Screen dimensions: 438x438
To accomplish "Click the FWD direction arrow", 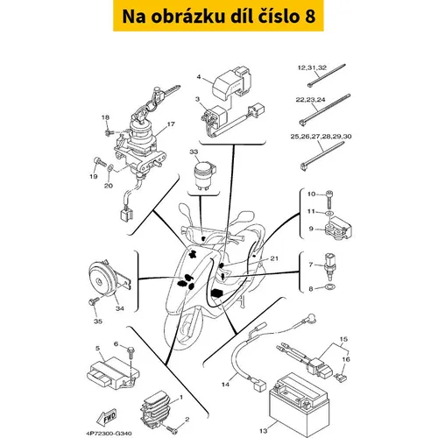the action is click(107, 416).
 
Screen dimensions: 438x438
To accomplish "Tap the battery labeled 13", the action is click(300, 405).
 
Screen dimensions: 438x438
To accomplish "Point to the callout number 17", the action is click(171, 124).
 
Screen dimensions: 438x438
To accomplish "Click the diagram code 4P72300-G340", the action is click(109, 434).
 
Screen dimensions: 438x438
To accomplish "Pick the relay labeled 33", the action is click(205, 176).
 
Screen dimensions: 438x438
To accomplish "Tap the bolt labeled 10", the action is click(329, 200).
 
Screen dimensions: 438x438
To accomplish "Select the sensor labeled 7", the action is click(330, 266).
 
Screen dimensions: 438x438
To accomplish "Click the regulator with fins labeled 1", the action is click(156, 408).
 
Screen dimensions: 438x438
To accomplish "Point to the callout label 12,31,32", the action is click(312, 67).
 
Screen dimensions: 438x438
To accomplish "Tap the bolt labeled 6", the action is click(131, 354).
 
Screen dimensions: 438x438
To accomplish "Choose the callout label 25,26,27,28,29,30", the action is click(321, 137).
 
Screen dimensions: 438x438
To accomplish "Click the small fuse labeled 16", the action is click(341, 377).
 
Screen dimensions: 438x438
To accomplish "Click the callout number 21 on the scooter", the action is click(274, 258).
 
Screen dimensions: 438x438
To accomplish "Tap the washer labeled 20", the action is click(110, 168).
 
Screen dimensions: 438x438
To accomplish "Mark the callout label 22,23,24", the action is click(310, 100).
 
